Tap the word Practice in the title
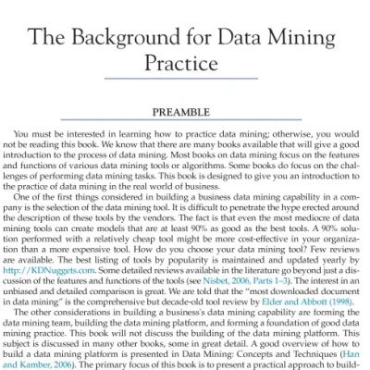click(x=185, y=65)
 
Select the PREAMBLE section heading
click(x=184, y=112)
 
